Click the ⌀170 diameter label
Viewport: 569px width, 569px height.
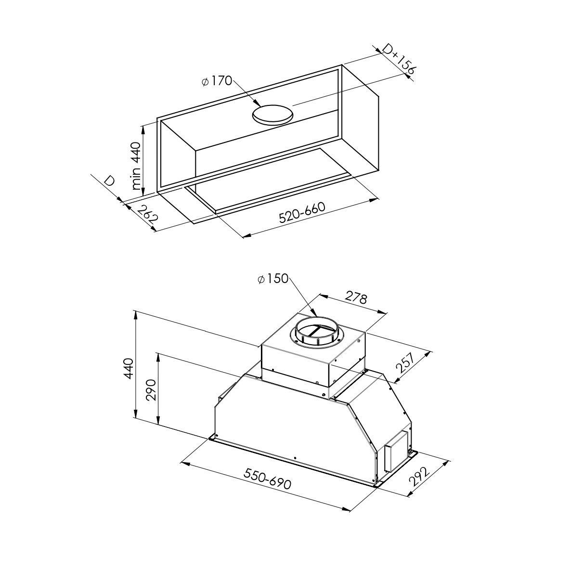tap(217, 81)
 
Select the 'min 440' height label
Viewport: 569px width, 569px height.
tap(136, 166)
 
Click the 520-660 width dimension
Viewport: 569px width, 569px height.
tap(302, 212)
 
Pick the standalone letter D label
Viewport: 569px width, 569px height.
tap(109, 181)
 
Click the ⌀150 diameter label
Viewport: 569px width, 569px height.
tap(273, 279)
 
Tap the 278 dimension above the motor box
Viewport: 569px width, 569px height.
tap(356, 297)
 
